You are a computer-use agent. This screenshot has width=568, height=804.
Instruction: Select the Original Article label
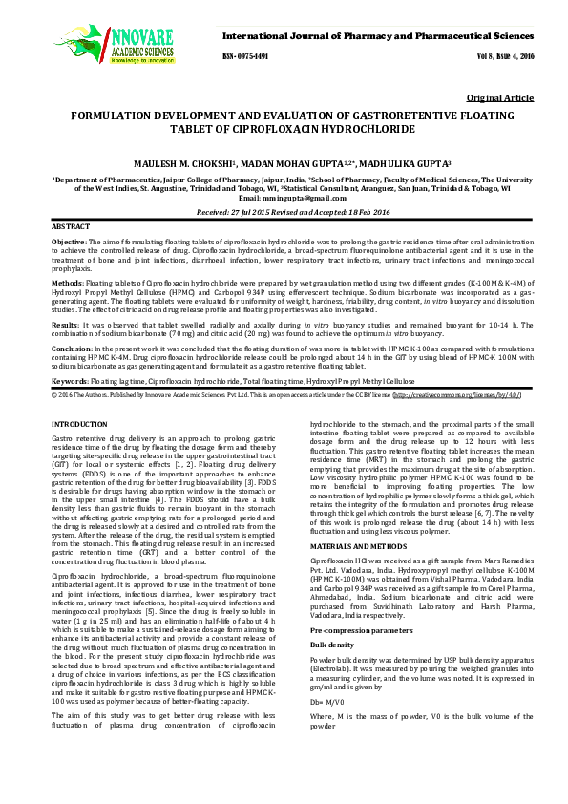click(500, 98)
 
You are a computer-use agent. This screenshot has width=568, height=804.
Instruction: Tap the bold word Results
click(65, 325)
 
